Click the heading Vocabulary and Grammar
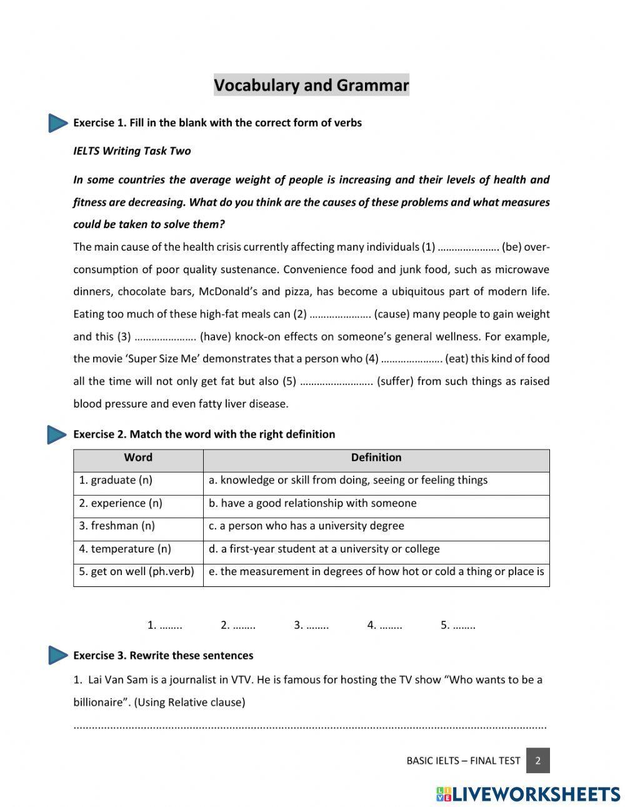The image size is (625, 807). click(311, 85)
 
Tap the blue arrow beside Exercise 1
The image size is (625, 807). click(57, 123)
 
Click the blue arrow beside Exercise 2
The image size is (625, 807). click(57, 434)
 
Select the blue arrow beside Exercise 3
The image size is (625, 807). click(57, 655)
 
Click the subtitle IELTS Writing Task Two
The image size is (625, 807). click(132, 151)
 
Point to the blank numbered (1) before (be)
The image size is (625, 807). click(468, 248)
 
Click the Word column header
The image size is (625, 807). click(138, 458)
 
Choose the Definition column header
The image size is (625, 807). click(376, 458)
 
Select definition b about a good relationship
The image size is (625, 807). click(312, 503)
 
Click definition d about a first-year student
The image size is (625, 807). click(324, 549)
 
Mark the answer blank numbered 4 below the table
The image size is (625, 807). click(391, 625)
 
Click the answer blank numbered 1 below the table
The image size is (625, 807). click(171, 625)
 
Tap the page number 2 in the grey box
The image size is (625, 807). click(537, 761)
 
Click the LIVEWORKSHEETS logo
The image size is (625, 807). click(528, 794)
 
